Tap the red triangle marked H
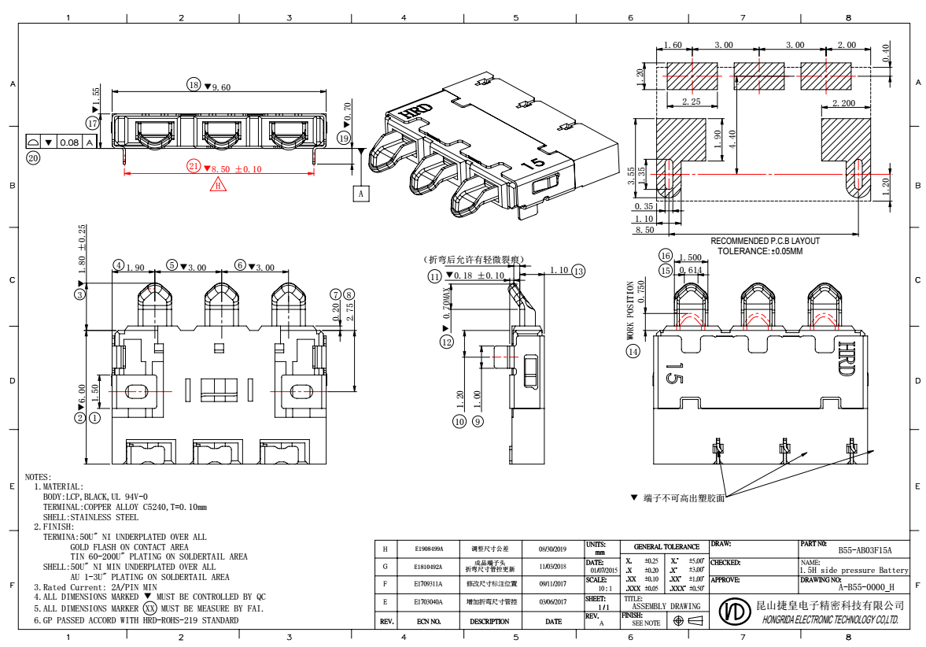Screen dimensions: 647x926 pyautogui.click(x=218, y=185)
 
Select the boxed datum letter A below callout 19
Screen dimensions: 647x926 pyautogui.click(x=361, y=192)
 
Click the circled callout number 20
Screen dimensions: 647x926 pyautogui.click(x=33, y=158)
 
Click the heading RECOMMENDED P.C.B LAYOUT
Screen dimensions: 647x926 pyautogui.click(x=765, y=241)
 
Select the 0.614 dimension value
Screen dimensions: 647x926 pyautogui.click(x=690, y=270)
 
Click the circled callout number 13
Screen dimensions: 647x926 pyautogui.click(x=578, y=271)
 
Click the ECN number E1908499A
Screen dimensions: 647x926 pyautogui.click(x=429, y=548)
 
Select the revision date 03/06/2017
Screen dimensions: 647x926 pyautogui.click(x=553, y=602)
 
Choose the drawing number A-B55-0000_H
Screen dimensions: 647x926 pyautogui.click(x=865, y=586)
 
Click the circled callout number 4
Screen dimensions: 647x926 pyautogui.click(x=118, y=266)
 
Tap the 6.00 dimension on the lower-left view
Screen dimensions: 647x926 pyautogui.click(x=81, y=391)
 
